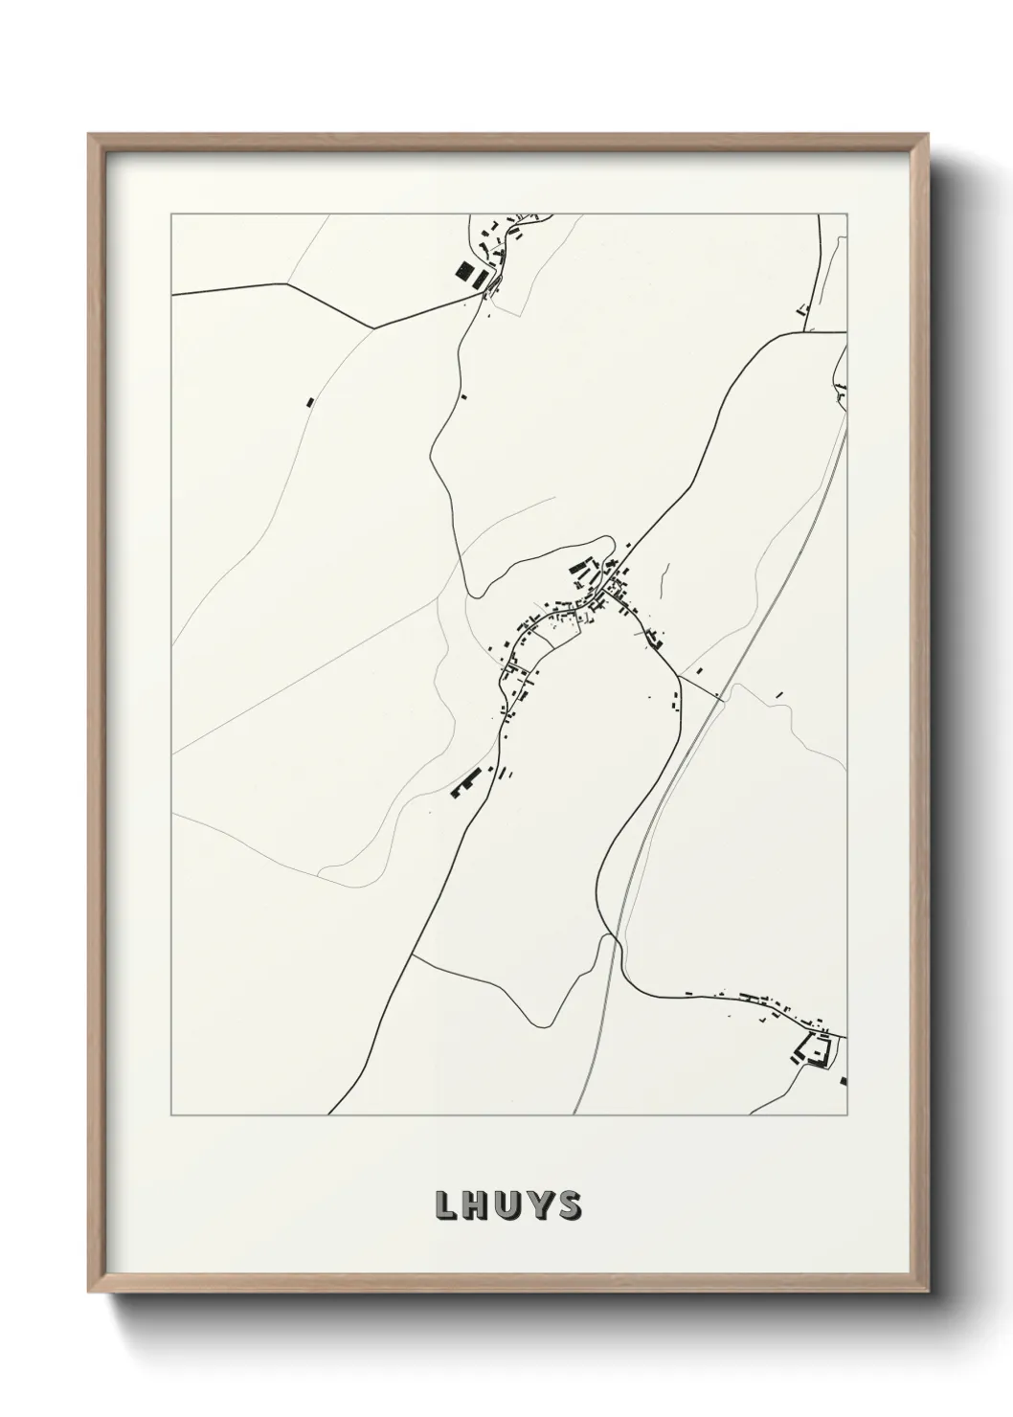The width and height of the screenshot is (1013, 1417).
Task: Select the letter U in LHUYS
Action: (508, 1206)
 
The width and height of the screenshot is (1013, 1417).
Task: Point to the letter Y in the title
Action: (539, 1206)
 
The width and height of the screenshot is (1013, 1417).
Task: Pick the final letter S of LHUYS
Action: (569, 1206)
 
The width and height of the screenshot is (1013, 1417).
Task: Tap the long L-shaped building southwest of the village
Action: (464, 781)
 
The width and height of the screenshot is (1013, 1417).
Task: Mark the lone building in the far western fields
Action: (308, 401)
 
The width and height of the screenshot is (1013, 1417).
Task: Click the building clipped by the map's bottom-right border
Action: (844, 1081)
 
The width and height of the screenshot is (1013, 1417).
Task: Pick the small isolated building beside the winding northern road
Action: (463, 395)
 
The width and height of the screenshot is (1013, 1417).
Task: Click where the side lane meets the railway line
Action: (720, 696)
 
